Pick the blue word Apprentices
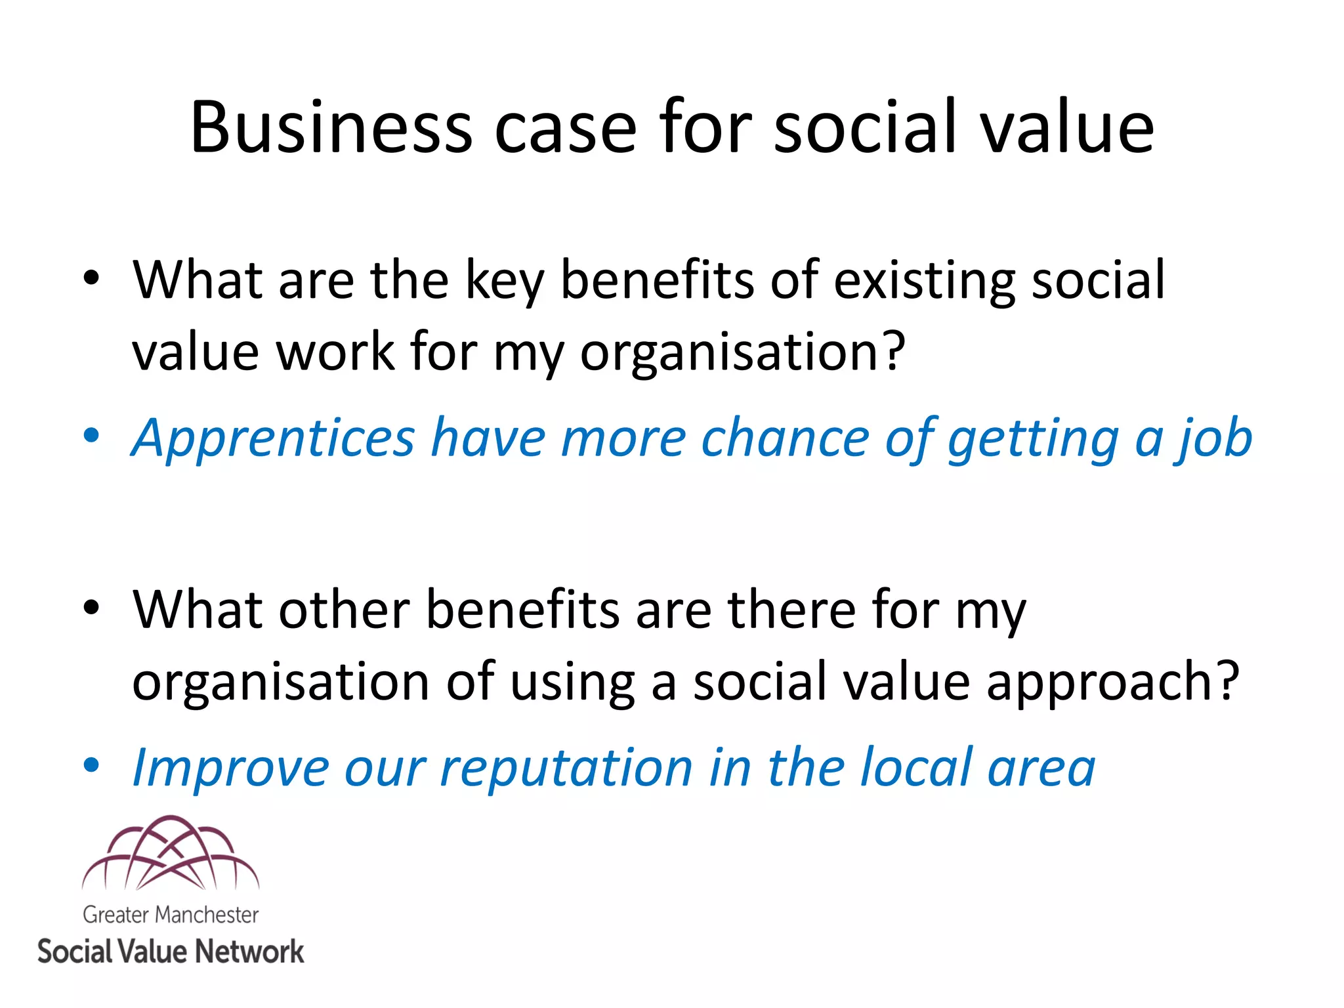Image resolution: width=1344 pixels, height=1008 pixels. click(x=273, y=438)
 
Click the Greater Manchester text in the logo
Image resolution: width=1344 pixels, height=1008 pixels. click(x=171, y=915)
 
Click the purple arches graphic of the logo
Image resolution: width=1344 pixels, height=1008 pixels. click(x=171, y=853)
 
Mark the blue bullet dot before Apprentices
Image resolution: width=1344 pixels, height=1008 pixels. click(x=91, y=435)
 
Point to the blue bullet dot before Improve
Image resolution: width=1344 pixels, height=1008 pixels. click(x=91, y=765)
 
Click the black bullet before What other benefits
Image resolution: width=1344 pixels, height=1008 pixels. click(x=91, y=607)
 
